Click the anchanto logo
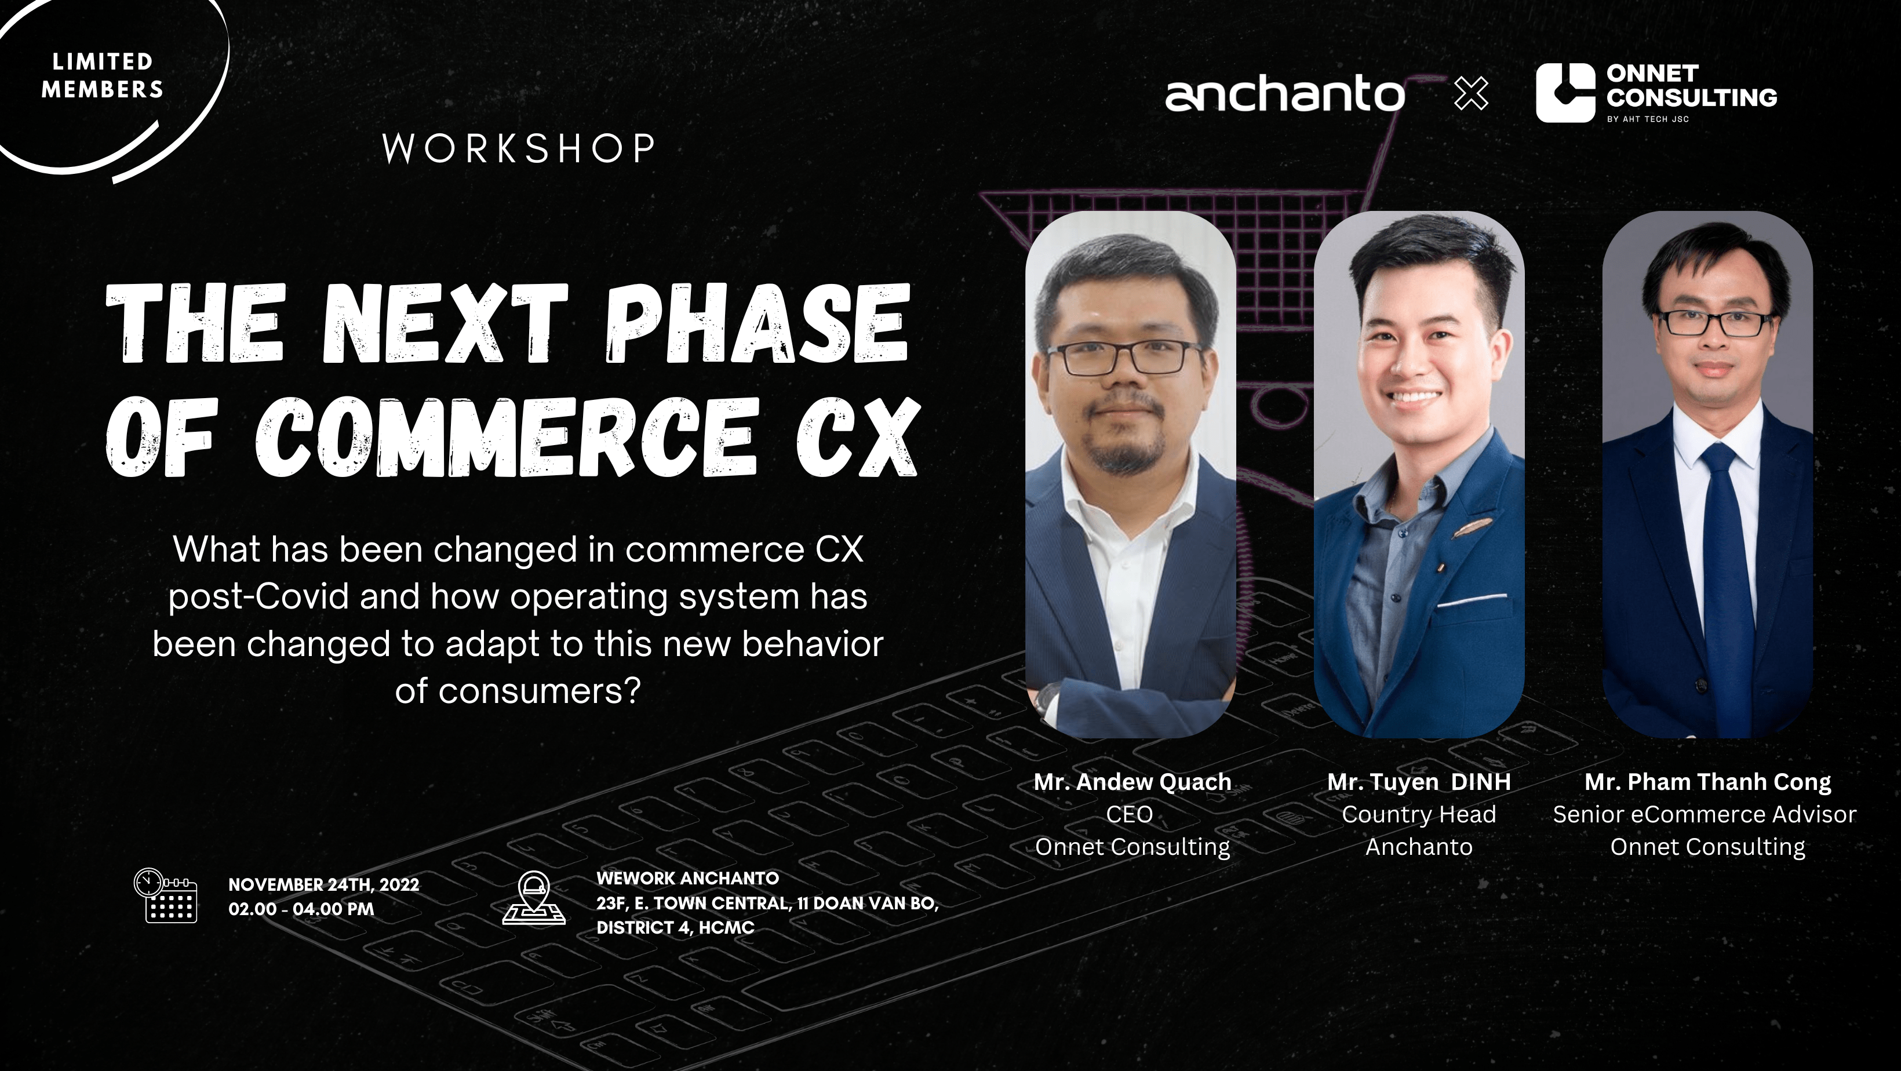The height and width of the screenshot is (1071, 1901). (x=1285, y=95)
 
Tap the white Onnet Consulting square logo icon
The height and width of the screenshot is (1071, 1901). (x=1565, y=93)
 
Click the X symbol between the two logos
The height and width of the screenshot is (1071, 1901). (x=1471, y=94)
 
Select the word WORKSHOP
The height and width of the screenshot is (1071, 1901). (x=519, y=148)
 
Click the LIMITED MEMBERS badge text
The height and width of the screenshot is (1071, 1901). (x=102, y=75)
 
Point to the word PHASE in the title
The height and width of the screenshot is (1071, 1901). (x=758, y=324)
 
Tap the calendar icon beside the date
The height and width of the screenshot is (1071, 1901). (x=165, y=895)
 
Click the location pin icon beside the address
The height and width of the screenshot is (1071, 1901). (x=534, y=898)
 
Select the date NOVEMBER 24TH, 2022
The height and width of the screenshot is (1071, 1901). (x=323, y=884)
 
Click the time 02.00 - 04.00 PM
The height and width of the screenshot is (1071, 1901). (x=301, y=909)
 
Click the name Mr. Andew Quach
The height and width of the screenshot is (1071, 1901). (x=1132, y=782)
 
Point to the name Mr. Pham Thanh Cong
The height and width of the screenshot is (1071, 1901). (x=1707, y=782)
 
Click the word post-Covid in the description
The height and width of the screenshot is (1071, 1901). (x=258, y=596)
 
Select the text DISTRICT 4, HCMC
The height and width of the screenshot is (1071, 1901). (x=675, y=928)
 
